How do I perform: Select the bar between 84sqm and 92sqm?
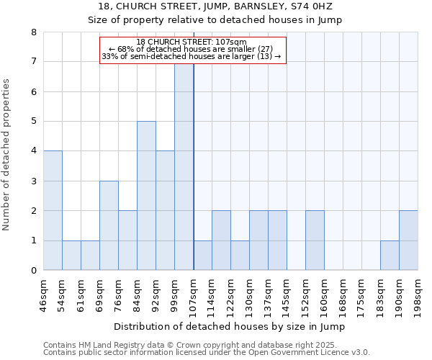(x=146, y=196)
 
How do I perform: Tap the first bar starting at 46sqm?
(x=53, y=210)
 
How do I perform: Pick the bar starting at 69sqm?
(x=109, y=225)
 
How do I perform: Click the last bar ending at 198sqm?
(x=408, y=240)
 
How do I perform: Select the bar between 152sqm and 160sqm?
(x=315, y=240)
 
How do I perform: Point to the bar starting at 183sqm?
(x=390, y=256)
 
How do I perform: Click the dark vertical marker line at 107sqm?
(x=194, y=166)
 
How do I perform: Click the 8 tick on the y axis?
(x=33, y=32)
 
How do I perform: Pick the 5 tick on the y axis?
(x=33, y=122)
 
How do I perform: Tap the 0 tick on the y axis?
(x=33, y=271)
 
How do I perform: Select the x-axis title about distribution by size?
(x=230, y=326)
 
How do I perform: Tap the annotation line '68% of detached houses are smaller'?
(x=192, y=49)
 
